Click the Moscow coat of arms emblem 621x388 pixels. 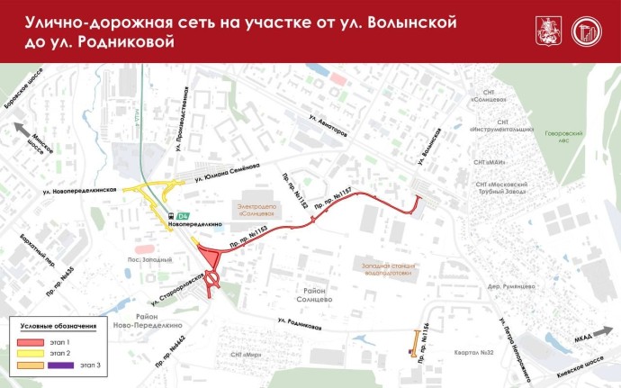pos(545,30)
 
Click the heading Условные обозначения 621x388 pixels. pos(58,326)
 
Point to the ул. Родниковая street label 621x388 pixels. pos(300,323)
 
